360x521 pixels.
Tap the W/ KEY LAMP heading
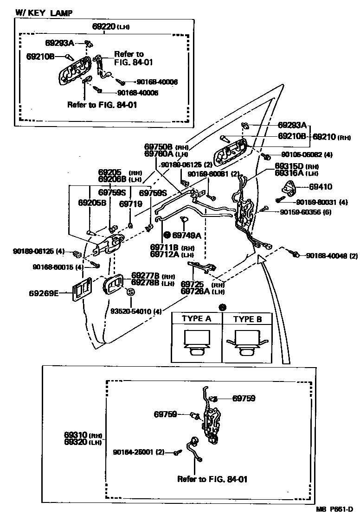pyautogui.click(x=44, y=13)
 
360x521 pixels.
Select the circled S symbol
pyautogui.click(x=130, y=292)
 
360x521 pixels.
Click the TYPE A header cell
pyautogui.click(x=196, y=319)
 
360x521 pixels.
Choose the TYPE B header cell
pyautogui.click(x=247, y=319)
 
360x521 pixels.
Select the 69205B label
pyautogui.click(x=92, y=203)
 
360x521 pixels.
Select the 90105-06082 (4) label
pyautogui.click(x=306, y=154)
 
